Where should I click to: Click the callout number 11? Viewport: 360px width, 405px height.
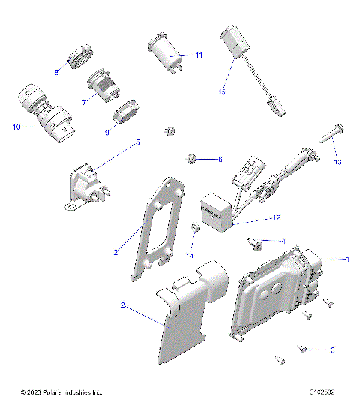pos(198,55)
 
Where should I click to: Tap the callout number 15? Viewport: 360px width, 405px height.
pos(222,91)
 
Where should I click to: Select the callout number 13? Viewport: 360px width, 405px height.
pos(337,162)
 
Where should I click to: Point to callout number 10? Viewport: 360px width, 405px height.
pos(16,127)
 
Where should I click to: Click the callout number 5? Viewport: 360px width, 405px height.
pos(137,142)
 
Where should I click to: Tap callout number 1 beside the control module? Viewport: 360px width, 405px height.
pos(346,259)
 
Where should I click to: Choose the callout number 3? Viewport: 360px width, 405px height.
pos(332,350)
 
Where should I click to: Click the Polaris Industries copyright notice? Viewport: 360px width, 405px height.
pos(61,392)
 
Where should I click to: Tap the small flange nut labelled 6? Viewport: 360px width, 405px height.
pos(190,158)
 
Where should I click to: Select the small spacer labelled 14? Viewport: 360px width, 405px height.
pos(196,228)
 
